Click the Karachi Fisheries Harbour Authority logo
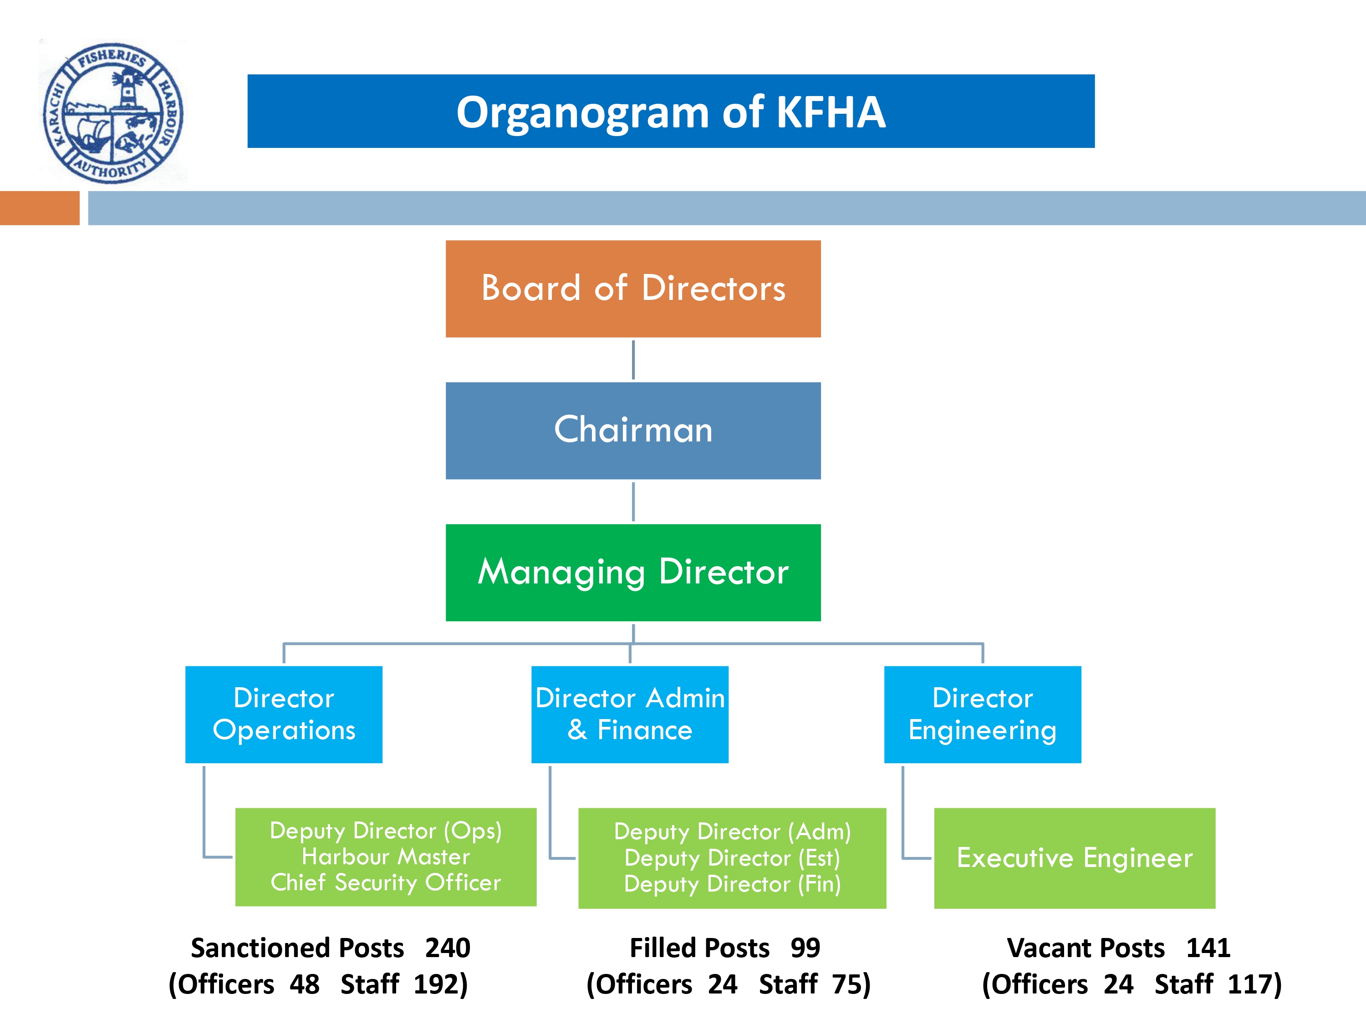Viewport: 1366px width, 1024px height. tap(113, 112)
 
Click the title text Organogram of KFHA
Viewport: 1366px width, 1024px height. tap(671, 112)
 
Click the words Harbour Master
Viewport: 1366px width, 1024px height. tap(386, 857)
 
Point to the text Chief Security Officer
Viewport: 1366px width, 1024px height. tap(386, 882)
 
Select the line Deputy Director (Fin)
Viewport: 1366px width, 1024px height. tap(732, 884)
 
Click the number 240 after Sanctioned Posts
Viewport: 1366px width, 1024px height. tap(448, 948)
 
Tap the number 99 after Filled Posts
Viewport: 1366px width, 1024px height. tap(805, 948)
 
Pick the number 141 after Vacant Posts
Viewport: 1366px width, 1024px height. tap(1208, 948)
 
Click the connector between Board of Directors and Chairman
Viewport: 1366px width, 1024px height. tap(633, 360)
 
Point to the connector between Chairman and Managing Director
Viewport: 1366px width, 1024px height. tap(633, 502)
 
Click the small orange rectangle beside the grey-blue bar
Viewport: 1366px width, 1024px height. tap(40, 208)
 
